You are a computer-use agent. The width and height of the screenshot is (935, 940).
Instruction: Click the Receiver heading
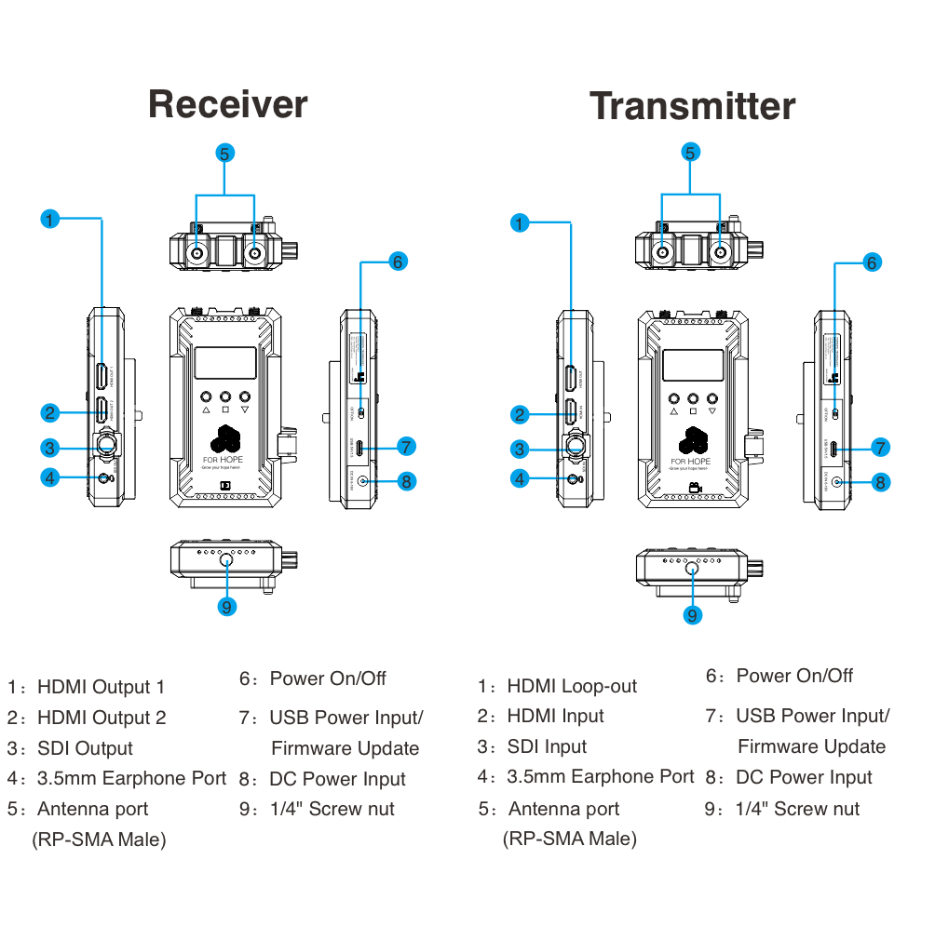pyautogui.click(x=228, y=104)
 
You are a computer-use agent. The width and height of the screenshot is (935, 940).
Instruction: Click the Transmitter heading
pyautogui.click(x=692, y=106)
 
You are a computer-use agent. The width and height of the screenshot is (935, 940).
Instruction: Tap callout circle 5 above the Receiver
pyautogui.click(x=224, y=154)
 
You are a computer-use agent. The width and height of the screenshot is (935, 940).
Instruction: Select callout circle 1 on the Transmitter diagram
pyautogui.click(x=520, y=223)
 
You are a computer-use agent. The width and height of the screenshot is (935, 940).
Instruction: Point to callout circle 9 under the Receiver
pyautogui.click(x=226, y=607)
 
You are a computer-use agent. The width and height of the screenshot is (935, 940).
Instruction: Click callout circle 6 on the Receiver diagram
pyautogui.click(x=398, y=262)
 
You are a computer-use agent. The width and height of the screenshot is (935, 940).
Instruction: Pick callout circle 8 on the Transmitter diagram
pyautogui.click(x=880, y=482)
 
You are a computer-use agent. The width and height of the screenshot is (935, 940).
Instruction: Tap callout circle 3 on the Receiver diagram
pyautogui.click(x=50, y=448)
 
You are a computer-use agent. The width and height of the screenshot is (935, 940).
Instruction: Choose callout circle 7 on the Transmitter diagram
pyautogui.click(x=880, y=448)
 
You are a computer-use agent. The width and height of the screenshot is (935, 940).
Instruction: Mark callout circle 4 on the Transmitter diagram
pyautogui.click(x=520, y=478)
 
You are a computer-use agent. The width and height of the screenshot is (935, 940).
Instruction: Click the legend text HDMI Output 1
pyautogui.click(x=101, y=688)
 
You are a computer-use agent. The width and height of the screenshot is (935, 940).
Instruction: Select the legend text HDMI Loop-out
pyautogui.click(x=572, y=687)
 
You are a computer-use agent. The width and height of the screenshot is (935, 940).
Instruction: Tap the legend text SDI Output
pyautogui.click(x=85, y=749)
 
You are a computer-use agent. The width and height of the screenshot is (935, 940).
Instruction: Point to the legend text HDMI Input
pyautogui.click(x=555, y=717)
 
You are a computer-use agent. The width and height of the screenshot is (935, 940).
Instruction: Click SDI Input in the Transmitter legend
pyautogui.click(x=547, y=747)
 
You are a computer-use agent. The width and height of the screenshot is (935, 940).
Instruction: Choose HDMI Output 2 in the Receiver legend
pyautogui.click(x=102, y=718)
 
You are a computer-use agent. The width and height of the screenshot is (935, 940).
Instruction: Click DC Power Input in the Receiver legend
pyautogui.click(x=337, y=780)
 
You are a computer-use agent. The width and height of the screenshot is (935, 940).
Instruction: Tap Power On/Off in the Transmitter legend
pyautogui.click(x=794, y=677)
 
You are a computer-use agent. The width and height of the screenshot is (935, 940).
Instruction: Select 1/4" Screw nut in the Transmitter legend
pyautogui.click(x=798, y=810)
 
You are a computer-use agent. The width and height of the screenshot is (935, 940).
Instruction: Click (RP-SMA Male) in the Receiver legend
pyautogui.click(x=100, y=840)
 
